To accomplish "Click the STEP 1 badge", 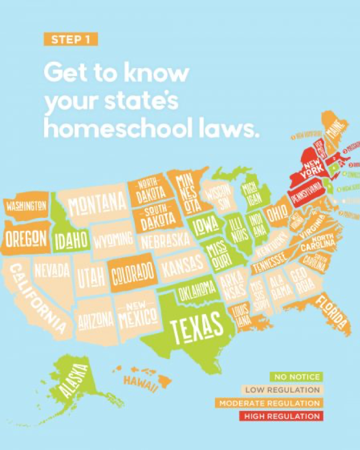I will [71, 39].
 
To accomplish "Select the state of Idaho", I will [71, 239].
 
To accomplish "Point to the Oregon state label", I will [27, 238].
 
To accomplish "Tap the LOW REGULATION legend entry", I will [283, 390].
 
